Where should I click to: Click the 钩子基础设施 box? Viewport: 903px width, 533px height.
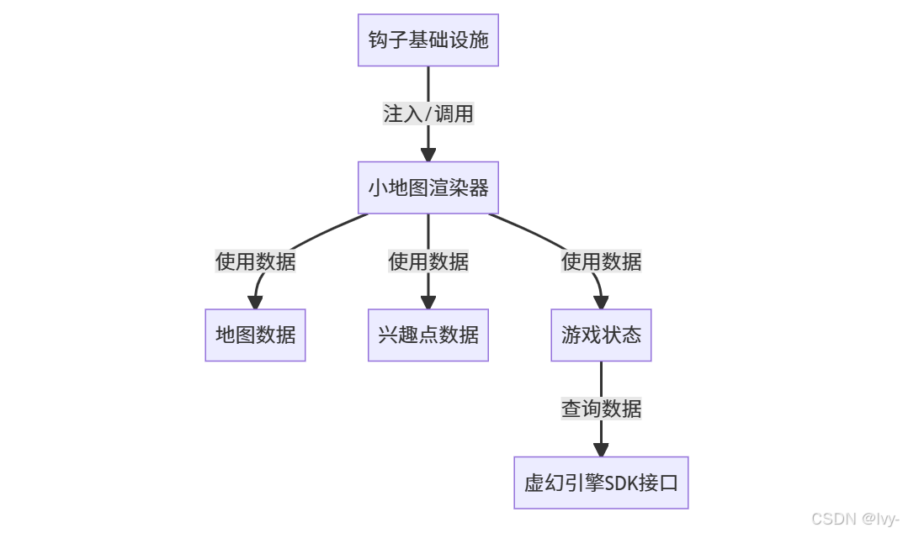428,40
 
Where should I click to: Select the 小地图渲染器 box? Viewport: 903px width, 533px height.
428,187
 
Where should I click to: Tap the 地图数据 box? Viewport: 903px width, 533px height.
255,335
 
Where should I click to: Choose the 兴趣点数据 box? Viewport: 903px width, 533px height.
428,335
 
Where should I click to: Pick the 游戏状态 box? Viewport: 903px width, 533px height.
601,335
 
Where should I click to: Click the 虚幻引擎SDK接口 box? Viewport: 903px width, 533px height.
601,483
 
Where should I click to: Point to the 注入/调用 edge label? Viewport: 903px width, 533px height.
428,113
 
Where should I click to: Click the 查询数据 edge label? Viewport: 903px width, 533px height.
601,409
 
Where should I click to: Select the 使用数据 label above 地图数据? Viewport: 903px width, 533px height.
255,261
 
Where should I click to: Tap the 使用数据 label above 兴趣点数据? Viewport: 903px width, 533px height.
428,261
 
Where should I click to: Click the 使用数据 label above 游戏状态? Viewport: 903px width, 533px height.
601,261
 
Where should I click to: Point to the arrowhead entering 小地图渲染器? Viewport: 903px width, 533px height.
428,155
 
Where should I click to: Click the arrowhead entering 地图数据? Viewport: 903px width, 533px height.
255,303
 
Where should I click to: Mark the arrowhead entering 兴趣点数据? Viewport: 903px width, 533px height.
428,303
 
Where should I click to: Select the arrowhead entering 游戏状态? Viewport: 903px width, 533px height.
601,303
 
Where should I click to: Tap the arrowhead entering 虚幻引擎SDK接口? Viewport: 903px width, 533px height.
601,450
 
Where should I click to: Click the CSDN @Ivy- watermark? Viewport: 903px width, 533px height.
855,519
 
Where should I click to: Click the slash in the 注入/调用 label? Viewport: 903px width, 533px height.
428,113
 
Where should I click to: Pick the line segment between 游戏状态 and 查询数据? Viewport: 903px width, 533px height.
601,379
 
